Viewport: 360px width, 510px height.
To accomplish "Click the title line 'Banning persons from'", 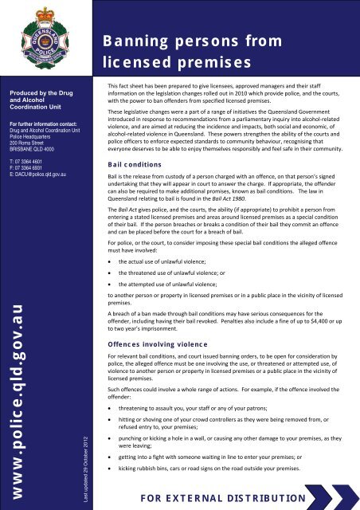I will [191, 41].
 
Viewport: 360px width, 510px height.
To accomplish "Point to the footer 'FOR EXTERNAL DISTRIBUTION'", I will [224, 500].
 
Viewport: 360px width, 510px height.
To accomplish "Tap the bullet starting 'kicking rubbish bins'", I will [214, 469].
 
